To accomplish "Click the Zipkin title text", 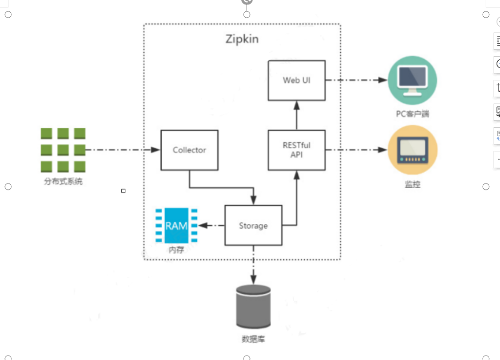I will tap(242, 39).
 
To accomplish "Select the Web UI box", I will tap(296, 80).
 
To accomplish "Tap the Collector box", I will tap(189, 150).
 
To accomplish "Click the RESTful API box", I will tap(296, 150).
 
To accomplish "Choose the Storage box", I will tap(253, 225).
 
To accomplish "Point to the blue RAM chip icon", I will tap(177, 225).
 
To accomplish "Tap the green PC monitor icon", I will tap(412, 80).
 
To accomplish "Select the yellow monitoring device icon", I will tap(412, 150).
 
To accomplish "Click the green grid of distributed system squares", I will tap(63, 150).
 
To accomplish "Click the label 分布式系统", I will tap(63, 181).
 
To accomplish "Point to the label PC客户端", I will tap(412, 114).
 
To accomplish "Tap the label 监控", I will tap(412, 185).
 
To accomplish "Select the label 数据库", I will tap(253, 339).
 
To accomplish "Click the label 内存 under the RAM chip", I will tap(177, 250).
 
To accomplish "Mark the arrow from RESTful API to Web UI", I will tap(296, 114).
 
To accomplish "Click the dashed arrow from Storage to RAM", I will tap(212, 226).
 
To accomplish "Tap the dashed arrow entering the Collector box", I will tap(123, 149).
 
